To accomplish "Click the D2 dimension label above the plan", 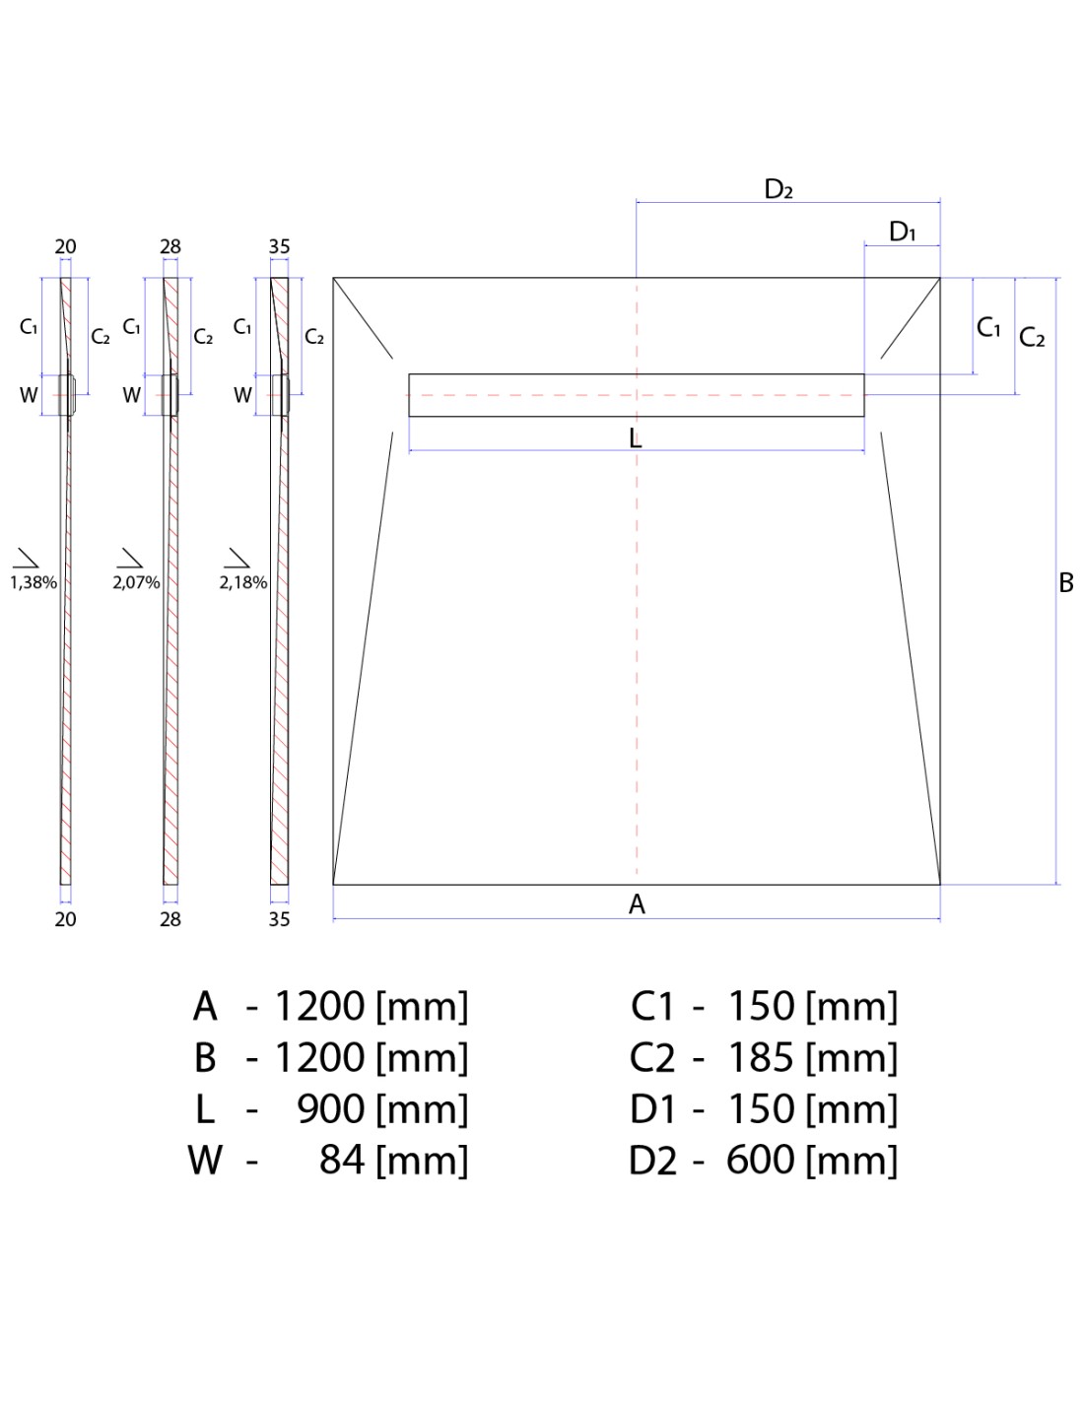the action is coord(779,189).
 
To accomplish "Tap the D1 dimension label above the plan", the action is coord(902,231).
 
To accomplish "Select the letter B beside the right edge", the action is coord(1066,583).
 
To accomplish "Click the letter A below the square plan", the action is coord(637,904).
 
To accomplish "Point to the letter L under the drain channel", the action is coord(636,439).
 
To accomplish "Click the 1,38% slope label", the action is coord(34,583).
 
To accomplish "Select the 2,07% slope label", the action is coord(136,583).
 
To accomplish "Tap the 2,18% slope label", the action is coord(243,583).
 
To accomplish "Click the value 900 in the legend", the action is coord(331,1109).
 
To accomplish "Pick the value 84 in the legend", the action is coord(342,1160).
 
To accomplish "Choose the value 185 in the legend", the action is coord(761,1057).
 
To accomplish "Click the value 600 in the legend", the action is coord(761,1160).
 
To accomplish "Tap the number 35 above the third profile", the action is coord(279,247).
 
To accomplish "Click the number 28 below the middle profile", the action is coord(170,919).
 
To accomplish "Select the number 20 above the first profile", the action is coord(65,247).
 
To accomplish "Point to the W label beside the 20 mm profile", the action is coord(29,395).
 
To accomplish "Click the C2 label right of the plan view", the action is coord(1032,337).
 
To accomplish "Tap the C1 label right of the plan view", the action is coord(988,327).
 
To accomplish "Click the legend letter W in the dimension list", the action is coord(205,1160).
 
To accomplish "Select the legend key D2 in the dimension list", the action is coord(652,1161).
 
